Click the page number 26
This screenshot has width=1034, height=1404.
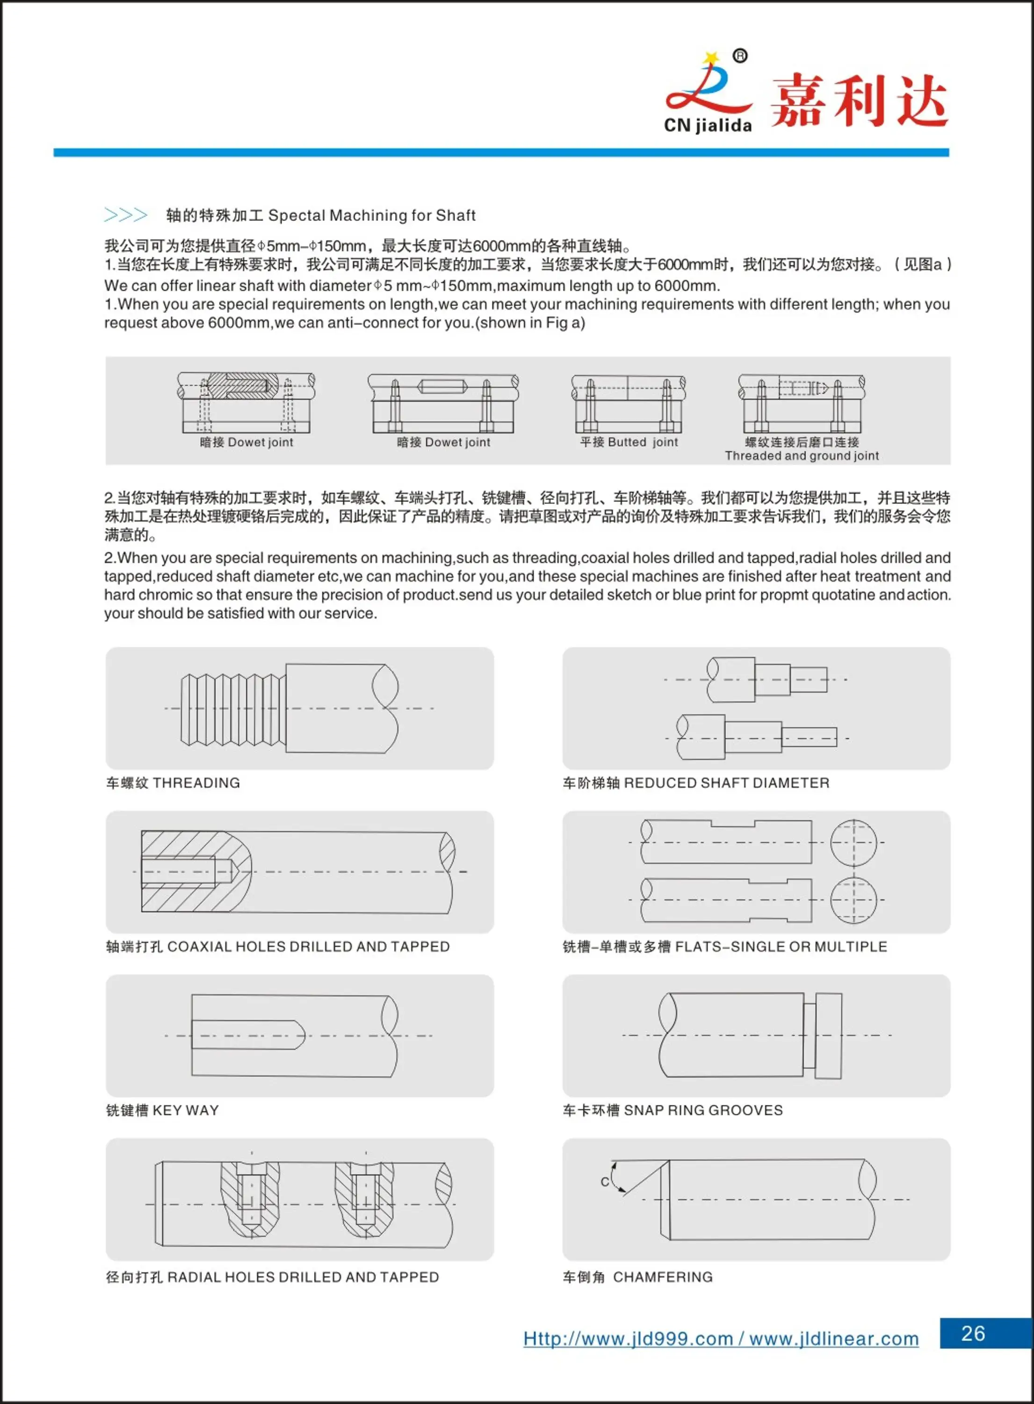click(973, 1333)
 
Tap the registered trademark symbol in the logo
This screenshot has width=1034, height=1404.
click(739, 56)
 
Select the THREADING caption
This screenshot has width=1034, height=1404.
click(196, 783)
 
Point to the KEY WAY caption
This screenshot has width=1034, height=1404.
click(185, 1110)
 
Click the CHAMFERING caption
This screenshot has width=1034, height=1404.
click(662, 1277)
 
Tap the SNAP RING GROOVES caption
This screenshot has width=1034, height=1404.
click(703, 1110)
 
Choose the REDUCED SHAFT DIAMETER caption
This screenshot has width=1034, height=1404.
click(726, 783)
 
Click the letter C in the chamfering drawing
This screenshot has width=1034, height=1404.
click(605, 1182)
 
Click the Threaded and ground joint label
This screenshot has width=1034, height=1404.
click(802, 456)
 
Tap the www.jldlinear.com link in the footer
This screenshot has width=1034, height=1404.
click(834, 1339)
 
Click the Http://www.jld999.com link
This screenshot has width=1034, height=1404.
click(628, 1339)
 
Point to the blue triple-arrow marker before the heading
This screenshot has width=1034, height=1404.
click(126, 215)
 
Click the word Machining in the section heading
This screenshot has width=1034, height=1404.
click(368, 215)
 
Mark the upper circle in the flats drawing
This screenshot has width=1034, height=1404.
click(853, 842)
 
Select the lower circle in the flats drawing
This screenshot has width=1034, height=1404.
click(853, 900)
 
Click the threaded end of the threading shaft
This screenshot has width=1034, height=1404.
click(233, 709)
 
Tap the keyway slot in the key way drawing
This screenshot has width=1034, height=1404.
click(247, 1035)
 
